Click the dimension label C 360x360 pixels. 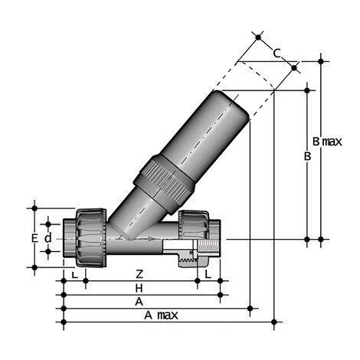(x=277, y=53)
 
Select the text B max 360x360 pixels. (x=326, y=142)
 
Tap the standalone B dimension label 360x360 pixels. (x=307, y=156)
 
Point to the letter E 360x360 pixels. (x=34, y=238)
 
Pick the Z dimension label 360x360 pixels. (x=139, y=273)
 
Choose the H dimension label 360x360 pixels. (x=139, y=287)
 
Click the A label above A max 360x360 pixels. (x=139, y=302)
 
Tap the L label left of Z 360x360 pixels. (x=74, y=273)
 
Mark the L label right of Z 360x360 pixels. (x=208, y=273)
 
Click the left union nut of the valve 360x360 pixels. (x=86, y=235)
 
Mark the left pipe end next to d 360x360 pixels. (x=68, y=238)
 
